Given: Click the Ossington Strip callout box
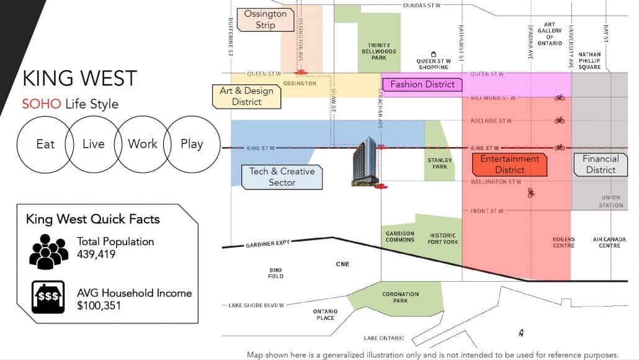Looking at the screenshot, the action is [266, 20].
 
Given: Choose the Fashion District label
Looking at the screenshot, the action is [422, 84].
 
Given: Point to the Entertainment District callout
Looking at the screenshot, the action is [509, 164].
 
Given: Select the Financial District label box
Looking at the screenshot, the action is [601, 164].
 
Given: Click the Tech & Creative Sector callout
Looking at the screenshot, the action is [282, 177].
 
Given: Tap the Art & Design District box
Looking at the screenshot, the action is [246, 97].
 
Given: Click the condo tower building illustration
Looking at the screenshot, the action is [365, 162].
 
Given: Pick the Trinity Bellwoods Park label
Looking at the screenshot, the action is [378, 52].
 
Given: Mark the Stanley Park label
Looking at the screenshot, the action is [440, 163].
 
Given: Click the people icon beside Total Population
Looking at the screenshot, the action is [48, 251].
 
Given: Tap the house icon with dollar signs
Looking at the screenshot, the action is [48, 297].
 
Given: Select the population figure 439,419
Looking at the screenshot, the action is [96, 254].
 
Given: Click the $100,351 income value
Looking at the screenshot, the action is [99, 305].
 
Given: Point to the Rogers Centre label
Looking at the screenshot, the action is [563, 242].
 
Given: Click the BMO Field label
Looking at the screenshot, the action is [275, 273].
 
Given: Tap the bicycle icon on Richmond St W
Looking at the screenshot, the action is [560, 97].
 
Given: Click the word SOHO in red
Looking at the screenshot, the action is [42, 104].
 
